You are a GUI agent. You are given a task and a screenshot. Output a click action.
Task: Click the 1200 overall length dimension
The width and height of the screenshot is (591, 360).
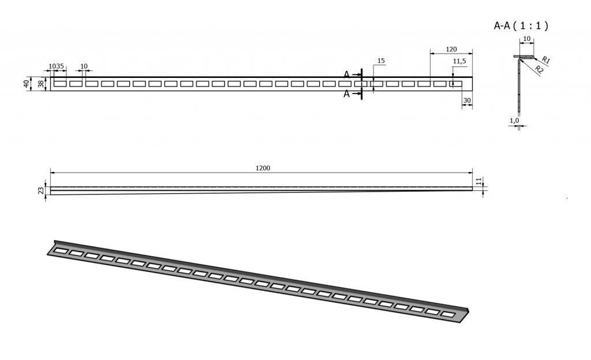263,168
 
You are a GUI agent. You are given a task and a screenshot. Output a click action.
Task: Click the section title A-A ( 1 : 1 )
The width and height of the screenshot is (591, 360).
521,25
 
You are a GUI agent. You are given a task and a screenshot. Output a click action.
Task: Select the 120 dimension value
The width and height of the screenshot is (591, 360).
451,50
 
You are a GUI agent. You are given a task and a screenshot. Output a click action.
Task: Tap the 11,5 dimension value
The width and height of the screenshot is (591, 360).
459,61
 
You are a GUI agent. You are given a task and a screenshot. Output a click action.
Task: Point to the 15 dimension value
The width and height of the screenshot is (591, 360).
381,61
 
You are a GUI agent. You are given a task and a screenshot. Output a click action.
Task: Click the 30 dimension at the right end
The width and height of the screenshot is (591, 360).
467,100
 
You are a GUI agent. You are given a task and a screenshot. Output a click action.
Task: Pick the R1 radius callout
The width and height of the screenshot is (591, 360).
546,60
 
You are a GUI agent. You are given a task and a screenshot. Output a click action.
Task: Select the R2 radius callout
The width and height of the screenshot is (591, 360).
540,69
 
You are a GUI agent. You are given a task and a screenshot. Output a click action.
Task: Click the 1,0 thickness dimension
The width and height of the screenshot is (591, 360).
514,121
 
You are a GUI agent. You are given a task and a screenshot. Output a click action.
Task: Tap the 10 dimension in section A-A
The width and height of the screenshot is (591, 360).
527,39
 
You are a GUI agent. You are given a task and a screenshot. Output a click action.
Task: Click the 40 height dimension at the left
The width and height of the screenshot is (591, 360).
26,84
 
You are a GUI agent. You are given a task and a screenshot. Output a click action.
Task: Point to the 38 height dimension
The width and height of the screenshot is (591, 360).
41,84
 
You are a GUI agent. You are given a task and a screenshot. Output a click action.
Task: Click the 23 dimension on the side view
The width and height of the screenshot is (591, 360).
41,190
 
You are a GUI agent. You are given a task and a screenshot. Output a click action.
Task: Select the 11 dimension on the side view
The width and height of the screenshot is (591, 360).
478,181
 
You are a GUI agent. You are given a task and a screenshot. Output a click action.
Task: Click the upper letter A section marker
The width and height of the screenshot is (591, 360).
347,75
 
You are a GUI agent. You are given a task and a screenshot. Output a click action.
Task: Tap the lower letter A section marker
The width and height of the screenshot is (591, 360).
347,94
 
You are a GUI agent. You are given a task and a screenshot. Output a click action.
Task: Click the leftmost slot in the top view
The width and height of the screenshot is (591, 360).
60,84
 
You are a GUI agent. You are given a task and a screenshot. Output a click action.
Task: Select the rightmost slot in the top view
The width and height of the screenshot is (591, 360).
456,84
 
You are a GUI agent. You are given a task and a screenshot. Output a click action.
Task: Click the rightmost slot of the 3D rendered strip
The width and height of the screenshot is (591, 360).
448,314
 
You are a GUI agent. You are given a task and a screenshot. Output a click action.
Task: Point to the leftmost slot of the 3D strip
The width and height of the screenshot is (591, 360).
61,250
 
